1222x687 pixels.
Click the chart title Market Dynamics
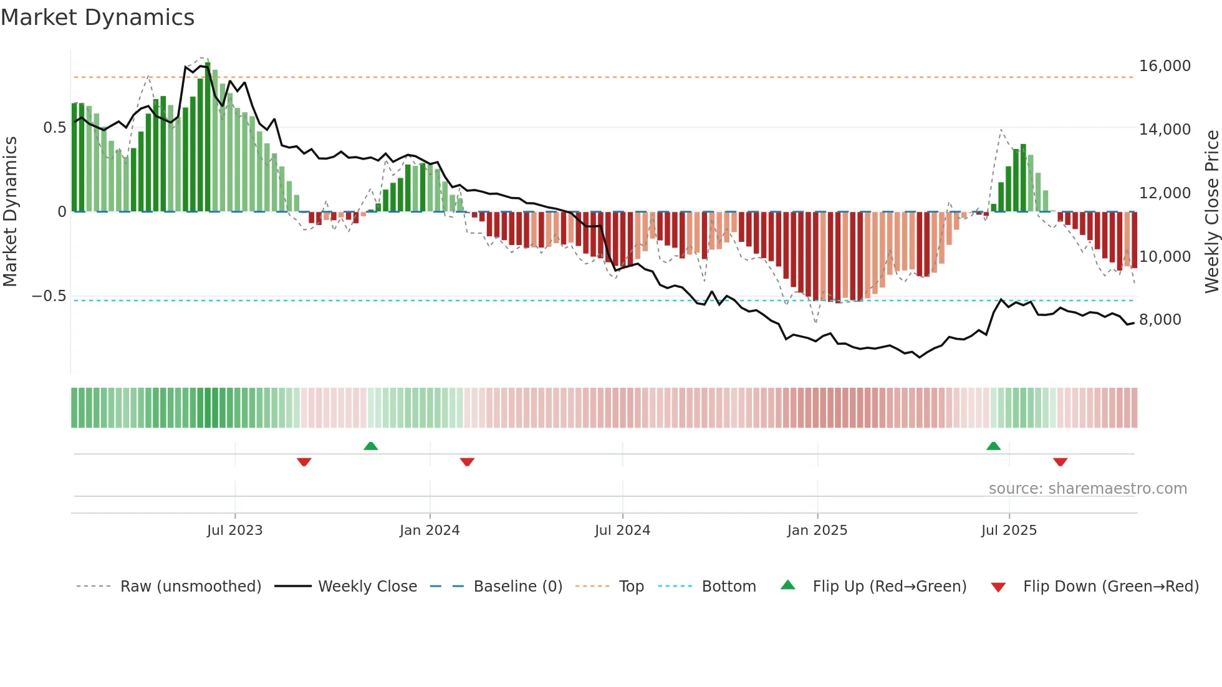pyautogui.click(x=98, y=17)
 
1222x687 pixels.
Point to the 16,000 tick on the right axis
pyautogui.click(x=1164, y=66)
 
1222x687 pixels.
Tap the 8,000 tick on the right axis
pyautogui.click(x=1160, y=320)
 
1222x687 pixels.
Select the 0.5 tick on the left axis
pyautogui.click(x=54, y=128)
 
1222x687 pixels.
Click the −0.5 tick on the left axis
pyautogui.click(x=49, y=296)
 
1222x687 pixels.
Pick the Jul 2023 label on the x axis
pyautogui.click(x=234, y=531)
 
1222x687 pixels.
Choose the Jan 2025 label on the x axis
pyautogui.click(x=817, y=531)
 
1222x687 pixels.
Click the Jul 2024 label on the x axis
pyautogui.click(x=622, y=531)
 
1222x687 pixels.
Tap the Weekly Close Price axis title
pyautogui.click(x=1211, y=211)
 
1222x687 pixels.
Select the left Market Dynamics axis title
pyautogui.click(x=10, y=211)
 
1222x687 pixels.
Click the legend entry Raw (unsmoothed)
pyautogui.click(x=190, y=587)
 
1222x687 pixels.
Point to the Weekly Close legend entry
pyautogui.click(x=367, y=587)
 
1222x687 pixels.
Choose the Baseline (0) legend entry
pyautogui.click(x=517, y=587)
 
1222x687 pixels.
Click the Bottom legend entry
pyautogui.click(x=728, y=587)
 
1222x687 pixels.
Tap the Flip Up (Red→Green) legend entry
pyautogui.click(x=889, y=587)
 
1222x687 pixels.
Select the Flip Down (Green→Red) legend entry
pyautogui.click(x=1110, y=587)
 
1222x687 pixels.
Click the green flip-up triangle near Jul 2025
pyautogui.click(x=993, y=446)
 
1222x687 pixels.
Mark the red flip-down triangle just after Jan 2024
pyautogui.click(x=467, y=462)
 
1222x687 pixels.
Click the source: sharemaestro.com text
pyautogui.click(x=1087, y=489)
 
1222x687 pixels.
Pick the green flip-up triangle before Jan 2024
pyautogui.click(x=370, y=446)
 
